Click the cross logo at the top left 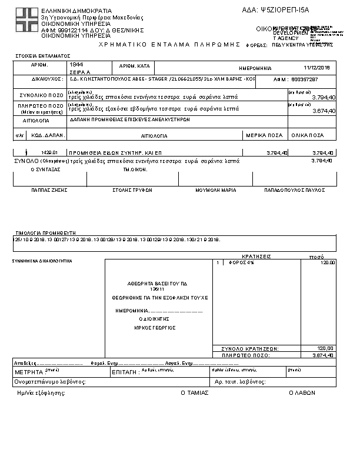(26, 21)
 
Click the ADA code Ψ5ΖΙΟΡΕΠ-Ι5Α (284, 10)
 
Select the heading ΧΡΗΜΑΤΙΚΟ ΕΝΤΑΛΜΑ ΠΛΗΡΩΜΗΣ (171, 45)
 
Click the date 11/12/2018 (318, 68)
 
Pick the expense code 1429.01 (49, 153)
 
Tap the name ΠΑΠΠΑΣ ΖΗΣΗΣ (49, 191)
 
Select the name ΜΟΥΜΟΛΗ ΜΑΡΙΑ (216, 191)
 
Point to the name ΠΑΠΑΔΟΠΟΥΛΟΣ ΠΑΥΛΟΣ (295, 191)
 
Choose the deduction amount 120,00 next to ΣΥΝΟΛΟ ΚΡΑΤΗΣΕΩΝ (325, 348)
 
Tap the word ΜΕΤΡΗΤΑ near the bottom (29, 372)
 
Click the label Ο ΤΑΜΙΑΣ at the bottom (194, 392)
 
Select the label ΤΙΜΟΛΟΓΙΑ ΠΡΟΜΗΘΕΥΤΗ (46, 233)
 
